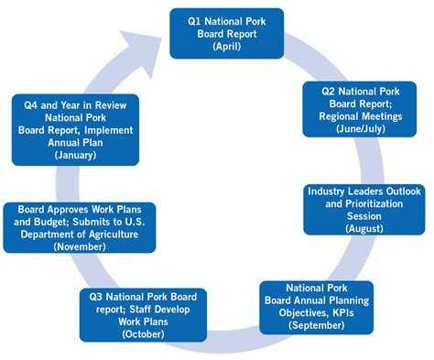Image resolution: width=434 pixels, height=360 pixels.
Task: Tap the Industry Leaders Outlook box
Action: coord(364,209)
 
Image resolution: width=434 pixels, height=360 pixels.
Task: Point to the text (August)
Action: coord(364,227)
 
